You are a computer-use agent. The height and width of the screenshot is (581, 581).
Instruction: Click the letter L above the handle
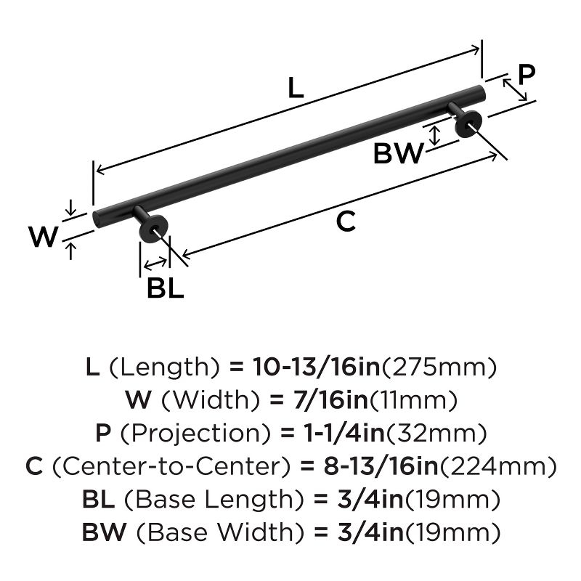(294, 87)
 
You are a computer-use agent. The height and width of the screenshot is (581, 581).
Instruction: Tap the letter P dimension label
(527, 74)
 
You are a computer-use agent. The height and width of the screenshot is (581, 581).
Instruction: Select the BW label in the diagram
(398, 154)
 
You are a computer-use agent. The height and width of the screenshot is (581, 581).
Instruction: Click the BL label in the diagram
(165, 288)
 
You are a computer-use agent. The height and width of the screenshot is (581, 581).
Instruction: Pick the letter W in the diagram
(43, 237)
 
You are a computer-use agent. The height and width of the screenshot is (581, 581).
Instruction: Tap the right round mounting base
(467, 125)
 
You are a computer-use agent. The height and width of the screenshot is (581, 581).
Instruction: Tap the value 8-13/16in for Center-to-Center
(375, 467)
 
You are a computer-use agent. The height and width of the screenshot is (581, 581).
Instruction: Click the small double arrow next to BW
(434, 135)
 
